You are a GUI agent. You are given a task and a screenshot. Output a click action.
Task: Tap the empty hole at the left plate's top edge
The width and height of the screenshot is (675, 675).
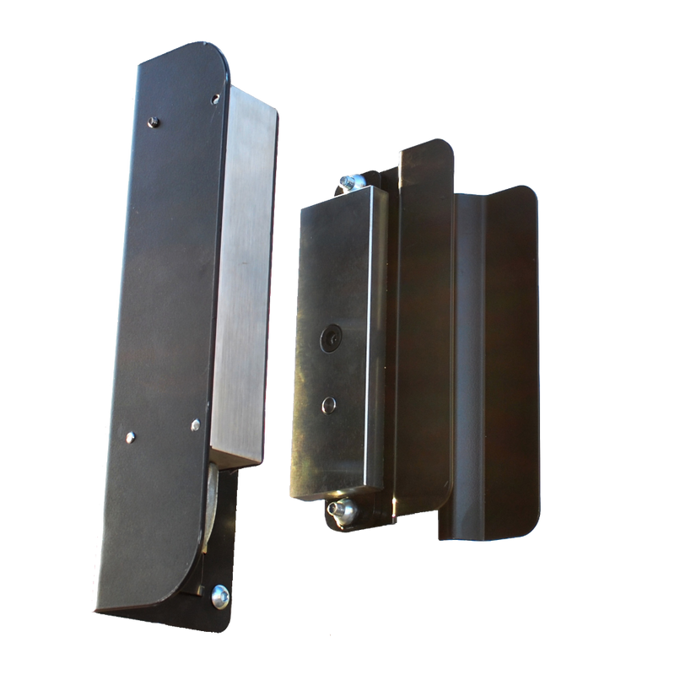click(x=217, y=99)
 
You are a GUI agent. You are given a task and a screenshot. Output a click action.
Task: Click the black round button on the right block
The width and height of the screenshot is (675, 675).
click(x=330, y=338)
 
